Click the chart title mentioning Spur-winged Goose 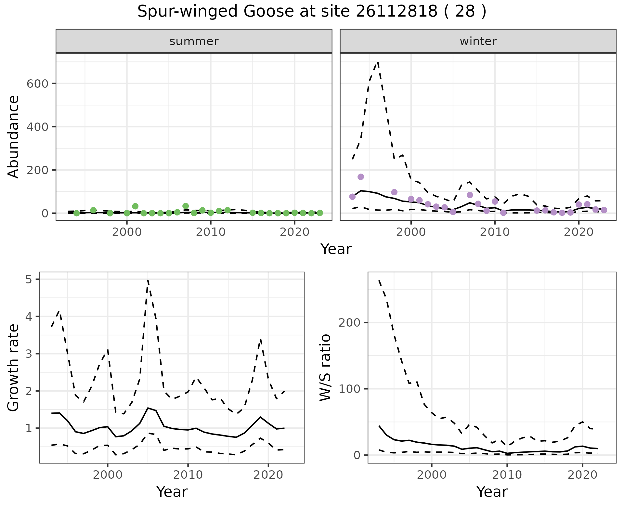[x=312, y=12]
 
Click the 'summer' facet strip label [x=194, y=41]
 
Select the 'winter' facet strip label [x=478, y=41]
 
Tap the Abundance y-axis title [x=14, y=136]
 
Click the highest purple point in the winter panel [x=361, y=177]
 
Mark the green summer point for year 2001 [x=135, y=206]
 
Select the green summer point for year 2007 [x=186, y=206]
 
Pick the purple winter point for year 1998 [x=394, y=192]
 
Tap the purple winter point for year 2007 [x=470, y=195]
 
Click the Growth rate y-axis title [x=14, y=368]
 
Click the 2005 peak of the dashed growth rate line [x=148, y=280]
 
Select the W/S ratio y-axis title [x=325, y=367]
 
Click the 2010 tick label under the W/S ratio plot [x=507, y=475]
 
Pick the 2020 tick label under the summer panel [x=294, y=232]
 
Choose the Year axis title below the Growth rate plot [x=172, y=492]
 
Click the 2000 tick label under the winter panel [x=411, y=232]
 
